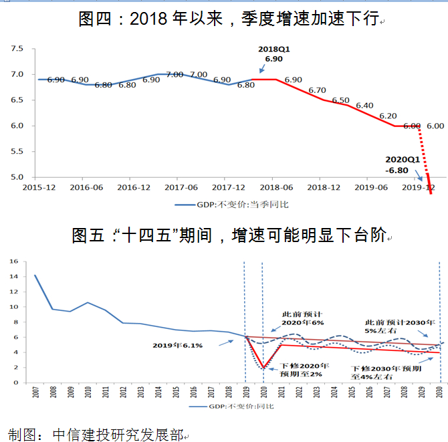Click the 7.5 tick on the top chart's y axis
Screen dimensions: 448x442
(17, 49)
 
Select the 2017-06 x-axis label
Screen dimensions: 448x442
(181, 187)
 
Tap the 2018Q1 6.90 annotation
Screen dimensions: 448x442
(273, 54)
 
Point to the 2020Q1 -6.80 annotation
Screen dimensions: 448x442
(403, 165)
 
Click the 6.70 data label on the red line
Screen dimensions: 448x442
(317, 90)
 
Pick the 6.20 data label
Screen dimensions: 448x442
(388, 116)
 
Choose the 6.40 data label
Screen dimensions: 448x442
(364, 106)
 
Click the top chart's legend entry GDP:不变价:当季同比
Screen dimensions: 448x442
(232, 205)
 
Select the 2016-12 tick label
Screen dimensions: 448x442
(134, 187)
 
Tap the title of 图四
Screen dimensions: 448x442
(229, 19)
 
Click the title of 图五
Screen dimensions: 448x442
(229, 235)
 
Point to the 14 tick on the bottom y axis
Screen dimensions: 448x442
(14, 276)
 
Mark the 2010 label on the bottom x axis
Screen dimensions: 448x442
(88, 392)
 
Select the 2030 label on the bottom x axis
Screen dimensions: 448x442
(440, 392)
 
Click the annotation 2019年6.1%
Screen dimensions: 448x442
(177, 346)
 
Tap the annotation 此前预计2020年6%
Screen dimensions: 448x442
(303, 318)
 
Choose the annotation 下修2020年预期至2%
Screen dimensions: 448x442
(304, 370)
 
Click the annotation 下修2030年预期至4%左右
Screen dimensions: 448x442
(386, 372)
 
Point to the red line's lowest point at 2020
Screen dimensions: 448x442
(263, 367)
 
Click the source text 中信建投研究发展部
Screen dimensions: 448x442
(118, 435)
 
